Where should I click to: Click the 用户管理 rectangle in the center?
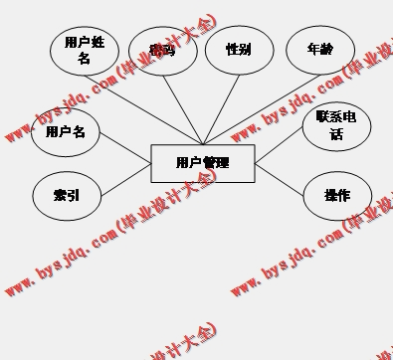(202, 163)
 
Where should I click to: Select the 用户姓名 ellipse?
(84, 51)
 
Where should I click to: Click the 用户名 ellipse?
(66, 132)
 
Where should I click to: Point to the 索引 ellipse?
(66, 196)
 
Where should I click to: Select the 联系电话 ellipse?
(336, 125)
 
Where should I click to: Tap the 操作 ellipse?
(336, 196)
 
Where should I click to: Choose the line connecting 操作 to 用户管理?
(280, 176)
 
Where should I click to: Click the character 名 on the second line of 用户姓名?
(84, 59)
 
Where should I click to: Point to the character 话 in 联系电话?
(336, 134)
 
